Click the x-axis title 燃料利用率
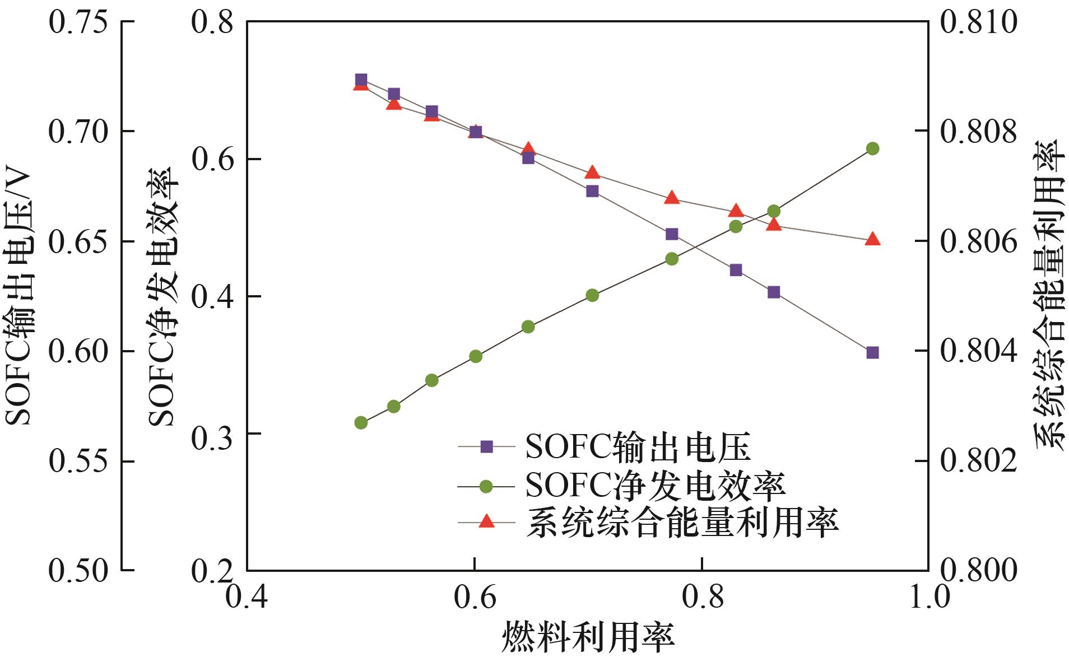[x=588, y=637]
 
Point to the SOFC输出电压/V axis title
[x=19, y=297]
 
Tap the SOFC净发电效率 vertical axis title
[x=162, y=297]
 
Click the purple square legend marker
[x=486, y=447]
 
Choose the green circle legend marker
[x=486, y=486]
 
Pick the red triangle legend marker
[x=486, y=521]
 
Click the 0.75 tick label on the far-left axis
[x=78, y=22]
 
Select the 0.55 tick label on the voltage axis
[x=78, y=461]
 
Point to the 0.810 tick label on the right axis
[x=978, y=22]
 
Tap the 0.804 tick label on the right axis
[x=978, y=351]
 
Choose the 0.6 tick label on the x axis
[x=475, y=597]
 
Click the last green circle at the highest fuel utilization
[x=872, y=148]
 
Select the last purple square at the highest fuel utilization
[x=872, y=352]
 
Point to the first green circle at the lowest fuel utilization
[x=361, y=422]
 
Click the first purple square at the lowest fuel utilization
[x=361, y=80]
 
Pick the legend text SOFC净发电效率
[x=655, y=486]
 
